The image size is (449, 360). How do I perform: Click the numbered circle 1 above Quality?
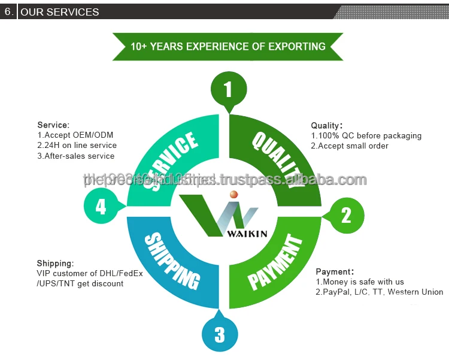[228, 90]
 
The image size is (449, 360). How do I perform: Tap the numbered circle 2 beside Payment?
[346, 215]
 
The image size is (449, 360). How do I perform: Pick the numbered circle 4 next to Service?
[101, 207]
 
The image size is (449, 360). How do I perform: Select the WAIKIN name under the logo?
[247, 234]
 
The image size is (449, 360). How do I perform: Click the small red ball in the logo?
[234, 194]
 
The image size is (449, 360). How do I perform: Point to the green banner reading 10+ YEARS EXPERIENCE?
[228, 46]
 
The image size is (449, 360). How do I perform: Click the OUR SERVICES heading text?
[60, 11]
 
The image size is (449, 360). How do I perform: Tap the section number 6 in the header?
[8, 11]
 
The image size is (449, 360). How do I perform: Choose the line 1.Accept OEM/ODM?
[75, 135]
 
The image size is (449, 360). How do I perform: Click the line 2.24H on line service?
[77, 145]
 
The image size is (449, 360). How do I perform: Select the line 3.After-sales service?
[76, 156]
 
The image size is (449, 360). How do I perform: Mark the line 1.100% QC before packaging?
[366, 135]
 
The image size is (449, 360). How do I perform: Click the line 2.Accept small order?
[350, 146]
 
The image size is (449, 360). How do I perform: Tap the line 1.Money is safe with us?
[360, 282]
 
